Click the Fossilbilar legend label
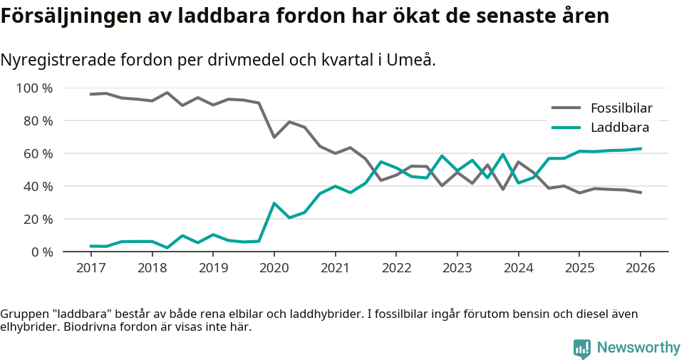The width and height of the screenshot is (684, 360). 621,108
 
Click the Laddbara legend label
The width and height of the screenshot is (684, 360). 619,128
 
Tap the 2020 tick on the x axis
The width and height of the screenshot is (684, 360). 274,267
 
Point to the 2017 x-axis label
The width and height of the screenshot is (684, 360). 90,267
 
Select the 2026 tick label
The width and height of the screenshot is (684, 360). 640,267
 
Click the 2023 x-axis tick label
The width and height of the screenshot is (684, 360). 457,267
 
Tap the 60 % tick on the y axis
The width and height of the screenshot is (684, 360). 38,154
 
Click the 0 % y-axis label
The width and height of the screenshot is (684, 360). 42,252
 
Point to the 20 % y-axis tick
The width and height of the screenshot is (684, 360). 38,219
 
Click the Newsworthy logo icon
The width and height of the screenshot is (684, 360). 581,349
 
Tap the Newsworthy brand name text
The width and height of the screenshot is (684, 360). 638,348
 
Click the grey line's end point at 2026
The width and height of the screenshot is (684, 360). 640,192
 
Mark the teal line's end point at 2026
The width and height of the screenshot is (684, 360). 640,148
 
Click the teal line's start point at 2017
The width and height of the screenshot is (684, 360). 90,246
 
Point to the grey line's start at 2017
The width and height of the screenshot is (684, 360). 90,94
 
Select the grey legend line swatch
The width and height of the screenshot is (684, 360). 566,108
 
